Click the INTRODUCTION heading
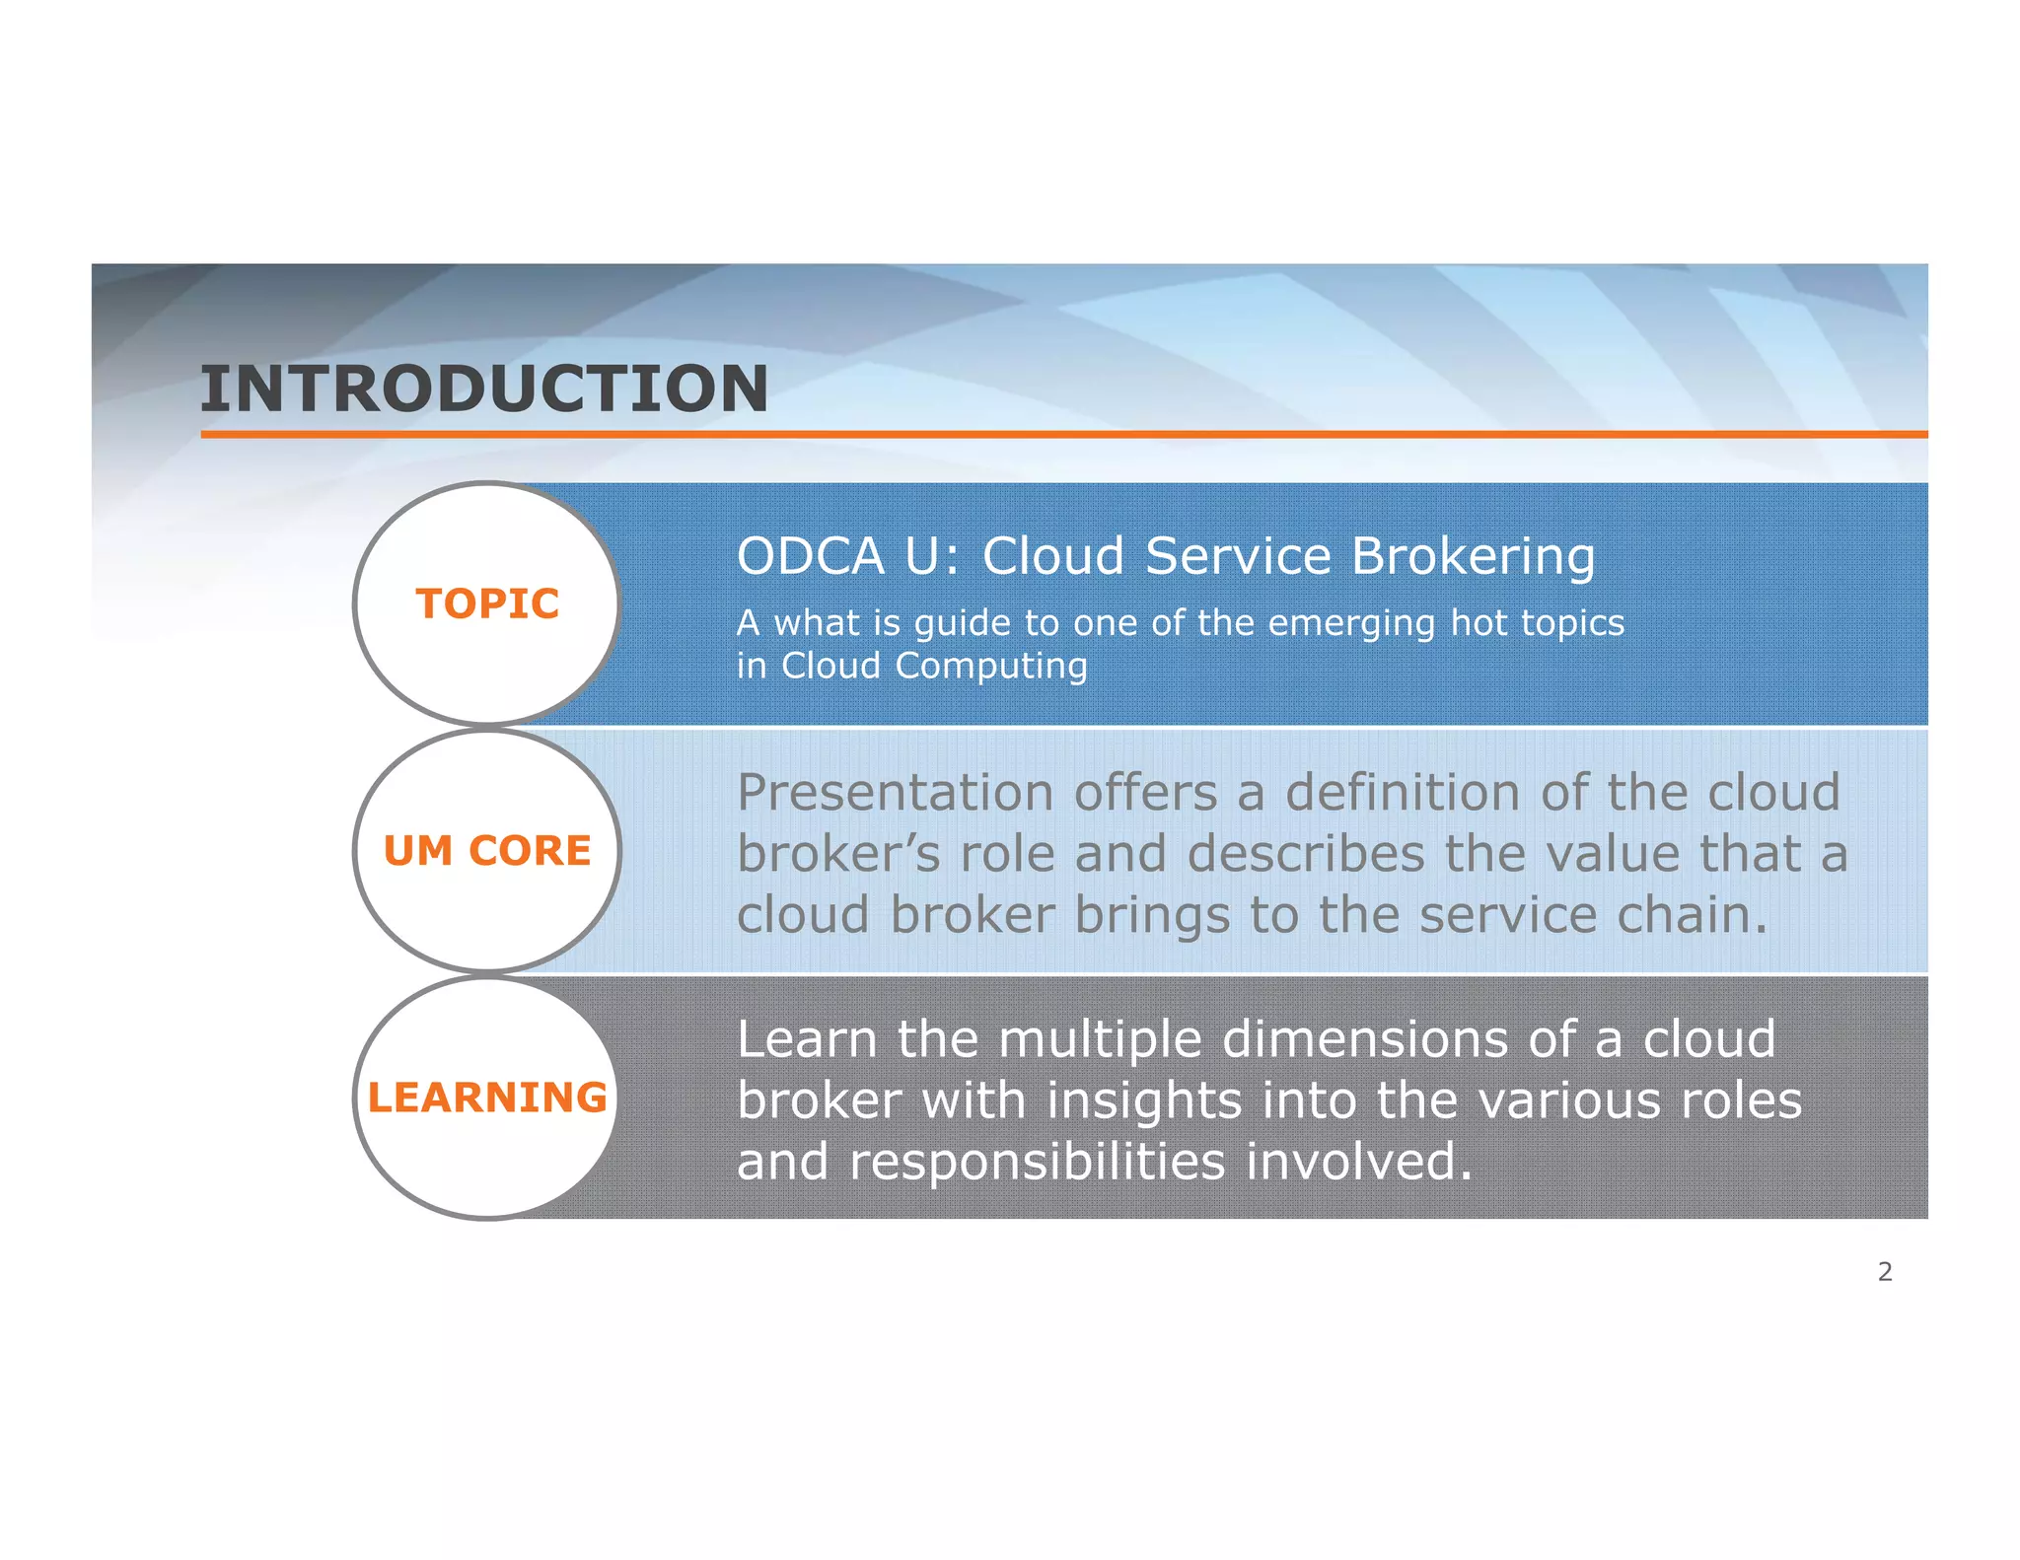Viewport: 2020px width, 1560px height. click(x=483, y=389)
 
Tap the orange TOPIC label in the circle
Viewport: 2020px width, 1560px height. click(x=487, y=603)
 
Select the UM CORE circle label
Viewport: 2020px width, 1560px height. click(x=487, y=850)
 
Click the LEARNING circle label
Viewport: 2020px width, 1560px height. click(x=487, y=1098)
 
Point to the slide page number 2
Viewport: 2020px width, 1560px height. click(x=1885, y=1272)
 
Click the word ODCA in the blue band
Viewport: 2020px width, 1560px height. click(x=811, y=556)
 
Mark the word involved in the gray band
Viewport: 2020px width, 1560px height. click(x=1359, y=1162)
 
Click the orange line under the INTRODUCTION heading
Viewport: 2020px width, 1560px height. click(x=1064, y=434)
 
